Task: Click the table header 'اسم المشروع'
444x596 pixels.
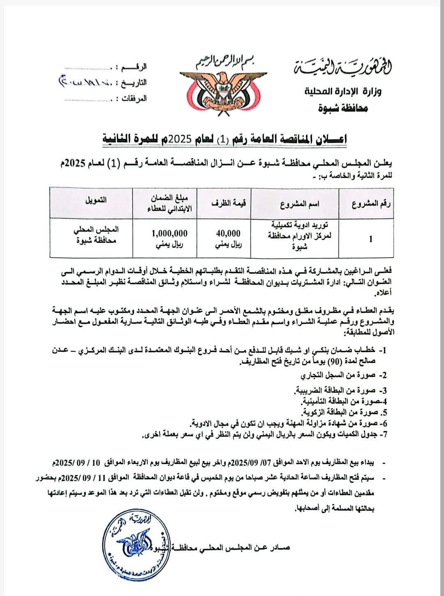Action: (300, 204)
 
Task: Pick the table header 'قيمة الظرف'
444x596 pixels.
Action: (229, 203)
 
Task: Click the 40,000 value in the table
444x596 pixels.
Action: (228, 234)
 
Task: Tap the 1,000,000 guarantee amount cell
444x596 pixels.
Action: (169, 233)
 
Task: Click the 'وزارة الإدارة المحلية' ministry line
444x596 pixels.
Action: (343, 91)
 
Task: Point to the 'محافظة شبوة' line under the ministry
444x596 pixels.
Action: (343, 107)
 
